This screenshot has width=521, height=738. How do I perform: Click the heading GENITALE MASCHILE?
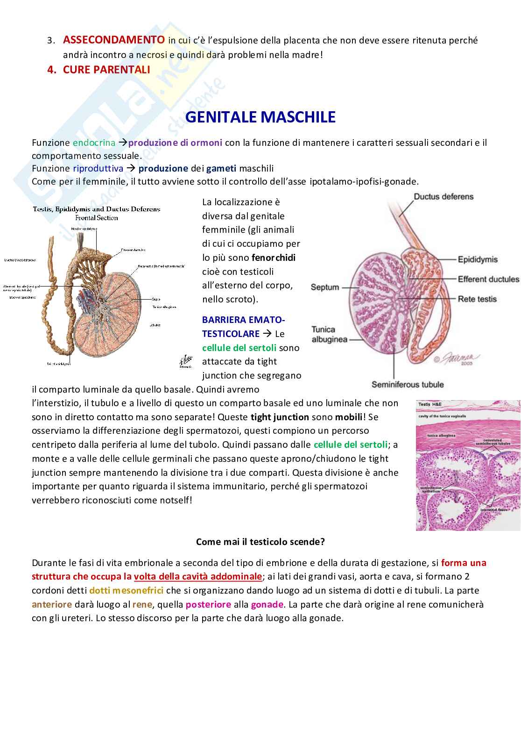[260, 117]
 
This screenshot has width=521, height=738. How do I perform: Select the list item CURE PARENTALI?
[106, 69]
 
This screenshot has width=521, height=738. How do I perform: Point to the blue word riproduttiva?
[98, 168]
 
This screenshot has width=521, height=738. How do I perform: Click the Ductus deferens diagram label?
[443, 197]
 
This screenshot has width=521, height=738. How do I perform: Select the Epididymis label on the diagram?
[478, 259]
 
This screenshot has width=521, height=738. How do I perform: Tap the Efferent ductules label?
[488, 279]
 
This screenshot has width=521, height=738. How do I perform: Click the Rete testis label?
[477, 299]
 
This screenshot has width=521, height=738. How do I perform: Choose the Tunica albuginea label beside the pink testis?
[329, 334]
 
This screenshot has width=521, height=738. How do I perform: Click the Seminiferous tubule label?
[407, 385]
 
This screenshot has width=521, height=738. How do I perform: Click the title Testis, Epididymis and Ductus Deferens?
[97, 209]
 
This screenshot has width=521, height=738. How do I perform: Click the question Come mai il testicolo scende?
[260, 542]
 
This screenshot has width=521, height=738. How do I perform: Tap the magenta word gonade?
[267, 604]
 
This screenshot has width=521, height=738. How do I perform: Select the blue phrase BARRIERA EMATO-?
[243, 320]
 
